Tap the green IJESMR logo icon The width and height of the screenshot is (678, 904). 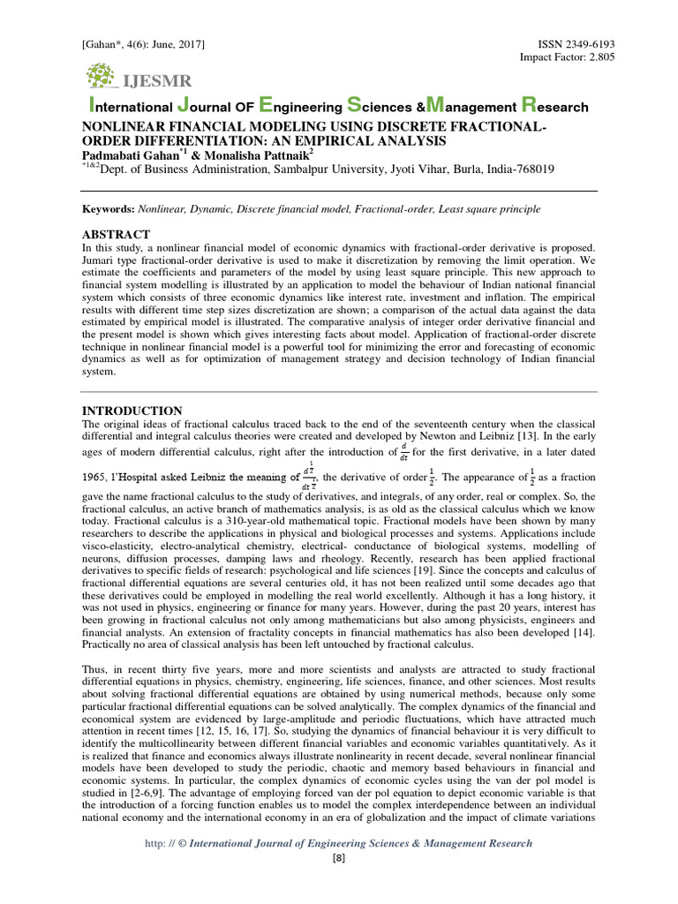click(102, 77)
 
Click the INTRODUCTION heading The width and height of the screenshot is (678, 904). click(132, 411)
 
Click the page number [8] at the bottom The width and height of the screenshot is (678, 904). click(339, 858)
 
